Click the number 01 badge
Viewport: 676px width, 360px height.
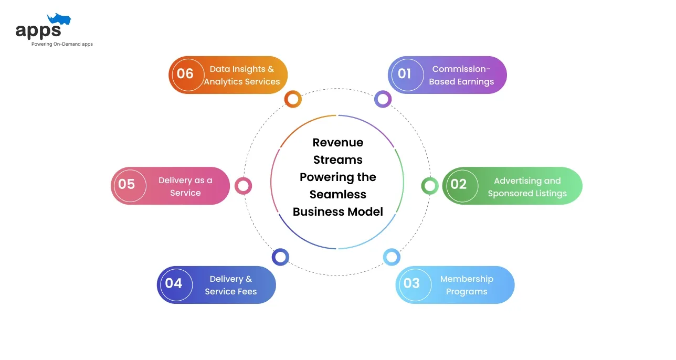pos(405,74)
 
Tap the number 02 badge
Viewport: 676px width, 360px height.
pos(459,184)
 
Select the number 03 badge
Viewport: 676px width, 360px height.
pos(412,284)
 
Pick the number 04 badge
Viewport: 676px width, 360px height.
pos(174,283)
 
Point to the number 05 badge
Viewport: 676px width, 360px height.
pos(127,185)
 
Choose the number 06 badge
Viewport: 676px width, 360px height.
pos(185,74)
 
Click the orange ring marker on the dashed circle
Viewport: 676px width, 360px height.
pos(293,99)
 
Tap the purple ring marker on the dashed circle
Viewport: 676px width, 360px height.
pos(383,99)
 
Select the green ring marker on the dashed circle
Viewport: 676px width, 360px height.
pos(430,185)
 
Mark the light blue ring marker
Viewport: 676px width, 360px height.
pos(392,257)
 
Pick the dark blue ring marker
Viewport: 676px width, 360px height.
pos(280,257)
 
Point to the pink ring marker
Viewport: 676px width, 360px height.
pos(243,185)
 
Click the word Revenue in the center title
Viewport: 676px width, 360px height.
pos(338,142)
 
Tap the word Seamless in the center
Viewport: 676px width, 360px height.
pos(338,194)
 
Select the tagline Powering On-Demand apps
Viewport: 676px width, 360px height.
pos(62,44)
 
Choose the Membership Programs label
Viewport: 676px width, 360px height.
pos(467,285)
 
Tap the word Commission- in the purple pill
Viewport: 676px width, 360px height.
pos(461,69)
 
